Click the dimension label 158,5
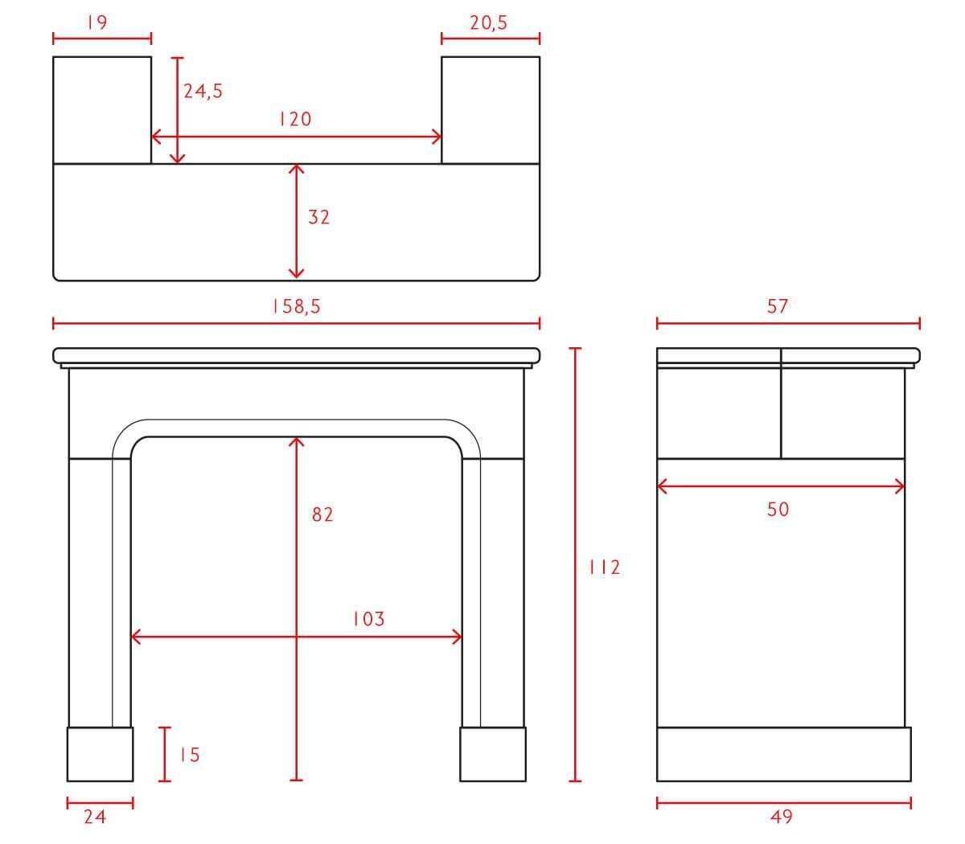point(297,306)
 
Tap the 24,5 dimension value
point(203,91)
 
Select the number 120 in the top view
point(296,119)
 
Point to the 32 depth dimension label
point(318,217)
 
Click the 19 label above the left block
point(97,23)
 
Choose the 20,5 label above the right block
point(489,23)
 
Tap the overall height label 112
point(605,567)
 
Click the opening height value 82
point(322,514)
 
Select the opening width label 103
point(369,619)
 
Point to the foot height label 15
point(190,755)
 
